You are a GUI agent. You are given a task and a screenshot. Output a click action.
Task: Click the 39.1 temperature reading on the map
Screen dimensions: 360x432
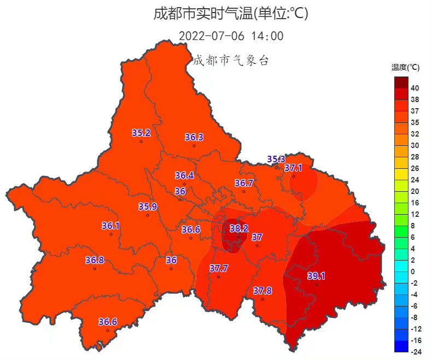pos(316,276)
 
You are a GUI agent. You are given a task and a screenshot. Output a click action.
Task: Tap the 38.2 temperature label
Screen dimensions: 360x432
pos(239,228)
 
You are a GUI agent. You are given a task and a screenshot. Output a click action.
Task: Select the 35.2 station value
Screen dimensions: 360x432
pos(141,133)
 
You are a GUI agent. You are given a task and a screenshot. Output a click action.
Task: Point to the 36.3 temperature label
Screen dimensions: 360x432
pos(194,137)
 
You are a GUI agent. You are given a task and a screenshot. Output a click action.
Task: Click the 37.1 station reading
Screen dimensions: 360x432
pos(294,168)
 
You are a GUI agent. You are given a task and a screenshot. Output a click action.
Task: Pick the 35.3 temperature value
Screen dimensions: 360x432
pos(276,159)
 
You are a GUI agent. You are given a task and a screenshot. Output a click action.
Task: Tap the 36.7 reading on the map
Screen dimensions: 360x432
pos(244,183)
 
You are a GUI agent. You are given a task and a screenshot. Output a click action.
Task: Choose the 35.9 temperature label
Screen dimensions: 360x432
pos(148,206)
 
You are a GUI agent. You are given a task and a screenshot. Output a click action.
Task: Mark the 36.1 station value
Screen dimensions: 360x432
pos(111,226)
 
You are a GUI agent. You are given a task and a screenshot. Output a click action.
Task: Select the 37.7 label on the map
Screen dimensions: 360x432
pos(219,268)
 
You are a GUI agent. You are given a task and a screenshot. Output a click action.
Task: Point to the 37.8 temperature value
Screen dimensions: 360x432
pos(262,291)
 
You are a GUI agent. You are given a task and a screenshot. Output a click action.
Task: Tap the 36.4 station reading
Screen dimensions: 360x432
pos(184,175)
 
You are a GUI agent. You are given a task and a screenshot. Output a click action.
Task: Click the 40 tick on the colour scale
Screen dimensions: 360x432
pos(415,88)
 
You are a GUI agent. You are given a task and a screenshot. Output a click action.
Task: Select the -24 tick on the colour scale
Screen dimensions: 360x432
pos(415,352)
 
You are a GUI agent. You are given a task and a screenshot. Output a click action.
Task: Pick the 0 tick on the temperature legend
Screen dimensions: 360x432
pos(413,272)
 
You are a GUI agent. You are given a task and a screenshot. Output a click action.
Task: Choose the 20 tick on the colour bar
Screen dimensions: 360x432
pos(415,191)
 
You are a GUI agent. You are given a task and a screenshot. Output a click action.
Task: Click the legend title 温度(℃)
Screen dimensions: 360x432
pos(405,68)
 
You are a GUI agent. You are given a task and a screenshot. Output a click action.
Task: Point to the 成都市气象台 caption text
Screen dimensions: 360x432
pos(231,60)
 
